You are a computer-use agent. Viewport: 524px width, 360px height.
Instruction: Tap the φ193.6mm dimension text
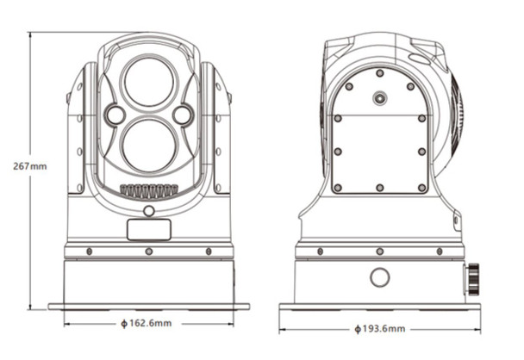pos(380,329)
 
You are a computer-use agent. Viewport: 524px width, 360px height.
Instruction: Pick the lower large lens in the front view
pos(148,144)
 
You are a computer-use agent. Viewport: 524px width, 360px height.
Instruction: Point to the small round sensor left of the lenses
pos(115,114)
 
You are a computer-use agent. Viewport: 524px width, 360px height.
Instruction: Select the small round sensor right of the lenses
pos(182,114)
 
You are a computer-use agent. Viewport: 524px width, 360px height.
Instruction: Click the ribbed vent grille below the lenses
pos(148,190)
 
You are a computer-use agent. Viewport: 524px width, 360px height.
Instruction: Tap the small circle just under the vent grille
pos(148,210)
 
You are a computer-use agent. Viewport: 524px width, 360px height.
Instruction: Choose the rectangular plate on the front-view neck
pos(148,229)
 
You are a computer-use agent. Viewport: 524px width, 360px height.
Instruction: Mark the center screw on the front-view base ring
pos(148,251)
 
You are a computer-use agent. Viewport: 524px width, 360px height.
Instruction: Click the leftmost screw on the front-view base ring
pos(90,251)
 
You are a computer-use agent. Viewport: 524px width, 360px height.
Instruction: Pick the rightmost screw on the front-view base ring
pos(207,251)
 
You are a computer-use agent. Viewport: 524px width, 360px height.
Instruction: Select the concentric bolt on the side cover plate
pos(379,98)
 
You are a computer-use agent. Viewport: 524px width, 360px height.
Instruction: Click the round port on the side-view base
pos(379,277)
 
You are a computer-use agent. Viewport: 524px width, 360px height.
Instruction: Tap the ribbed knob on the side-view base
pos(474,278)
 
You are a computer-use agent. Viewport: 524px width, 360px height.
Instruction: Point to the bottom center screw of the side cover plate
pos(379,187)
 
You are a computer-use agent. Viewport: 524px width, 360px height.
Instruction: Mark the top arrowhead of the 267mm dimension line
pos(31,35)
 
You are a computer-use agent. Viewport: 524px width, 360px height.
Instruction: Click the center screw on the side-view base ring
pos(379,251)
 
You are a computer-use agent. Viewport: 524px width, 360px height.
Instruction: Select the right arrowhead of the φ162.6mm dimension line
pos(231,323)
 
